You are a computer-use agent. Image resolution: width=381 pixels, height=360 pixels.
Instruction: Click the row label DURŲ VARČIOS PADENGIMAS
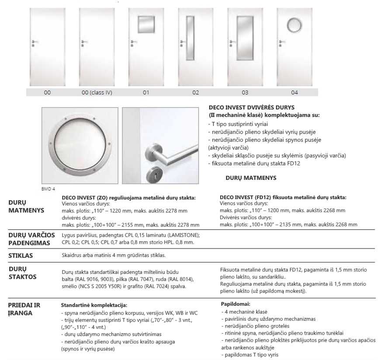coord(28,238)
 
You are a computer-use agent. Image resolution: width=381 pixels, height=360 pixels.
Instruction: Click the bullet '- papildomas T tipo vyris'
coord(251,355)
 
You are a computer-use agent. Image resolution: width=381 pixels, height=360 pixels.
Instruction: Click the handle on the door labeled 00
coord(34,44)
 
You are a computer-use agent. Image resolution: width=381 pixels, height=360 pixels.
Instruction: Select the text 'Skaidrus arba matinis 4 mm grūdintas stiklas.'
coord(114,255)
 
